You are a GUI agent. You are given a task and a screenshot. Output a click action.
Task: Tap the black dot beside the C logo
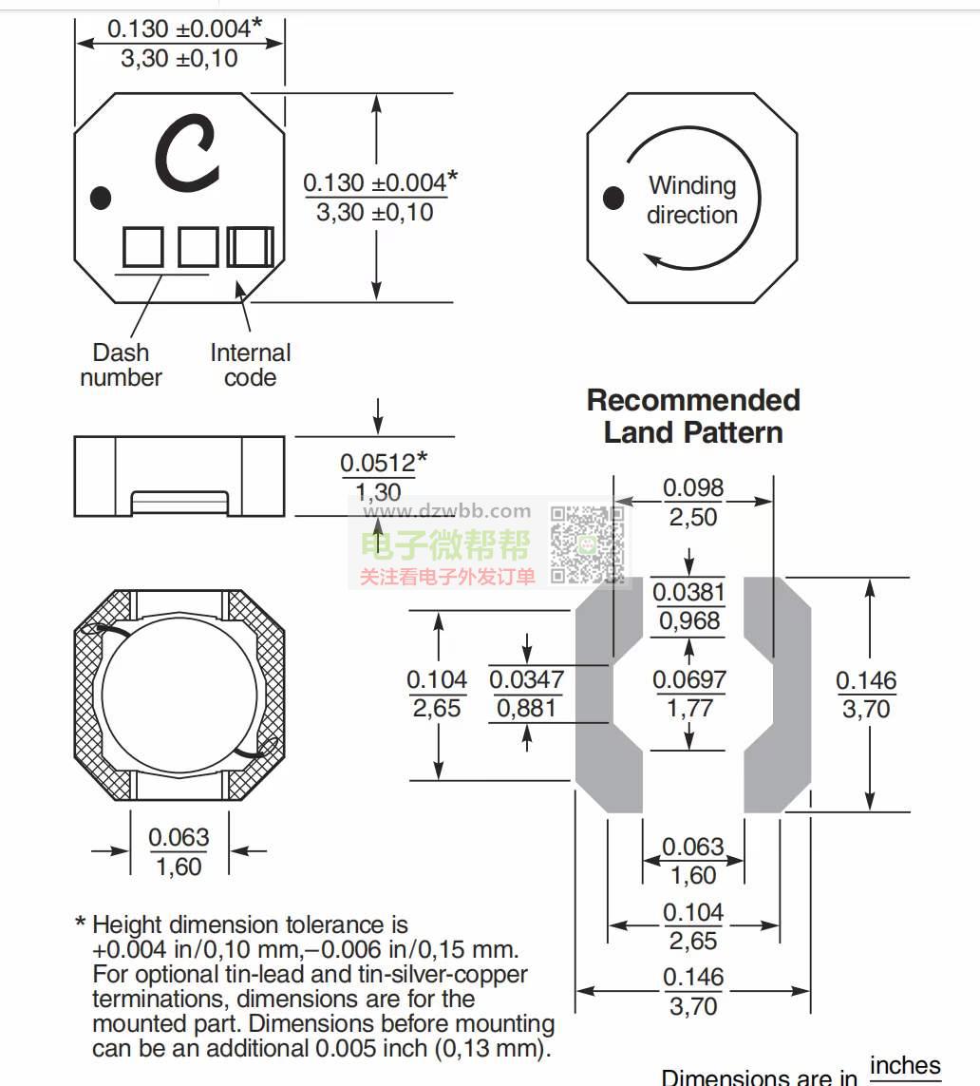pyautogui.click(x=100, y=198)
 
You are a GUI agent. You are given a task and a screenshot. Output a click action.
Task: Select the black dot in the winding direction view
pyautogui.click(x=614, y=198)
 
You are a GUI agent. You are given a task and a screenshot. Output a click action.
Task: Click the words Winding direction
pyautogui.click(x=692, y=200)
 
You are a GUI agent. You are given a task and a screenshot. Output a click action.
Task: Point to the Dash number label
pyautogui.click(x=121, y=365)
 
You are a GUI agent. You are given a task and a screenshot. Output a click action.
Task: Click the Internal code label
pyautogui.click(x=250, y=365)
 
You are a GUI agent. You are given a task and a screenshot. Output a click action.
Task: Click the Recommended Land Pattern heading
pyautogui.click(x=693, y=416)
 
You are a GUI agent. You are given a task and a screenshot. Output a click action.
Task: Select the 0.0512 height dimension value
pyautogui.click(x=378, y=464)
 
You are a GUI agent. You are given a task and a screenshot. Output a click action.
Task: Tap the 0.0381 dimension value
pyautogui.click(x=689, y=592)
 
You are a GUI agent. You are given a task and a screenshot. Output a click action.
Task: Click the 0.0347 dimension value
pyautogui.click(x=527, y=679)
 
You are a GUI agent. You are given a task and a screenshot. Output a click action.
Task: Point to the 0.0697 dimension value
pyautogui.click(x=689, y=679)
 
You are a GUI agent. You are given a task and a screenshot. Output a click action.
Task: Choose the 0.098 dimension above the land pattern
pyautogui.click(x=693, y=488)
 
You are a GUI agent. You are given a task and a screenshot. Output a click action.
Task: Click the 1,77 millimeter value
pyautogui.click(x=689, y=708)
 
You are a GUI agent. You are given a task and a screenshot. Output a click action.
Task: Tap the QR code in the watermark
pyautogui.click(x=587, y=545)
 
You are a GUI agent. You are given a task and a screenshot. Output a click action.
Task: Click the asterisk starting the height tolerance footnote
pyautogui.click(x=81, y=924)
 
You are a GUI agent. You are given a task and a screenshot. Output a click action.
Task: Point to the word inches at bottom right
pyautogui.click(x=904, y=1065)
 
